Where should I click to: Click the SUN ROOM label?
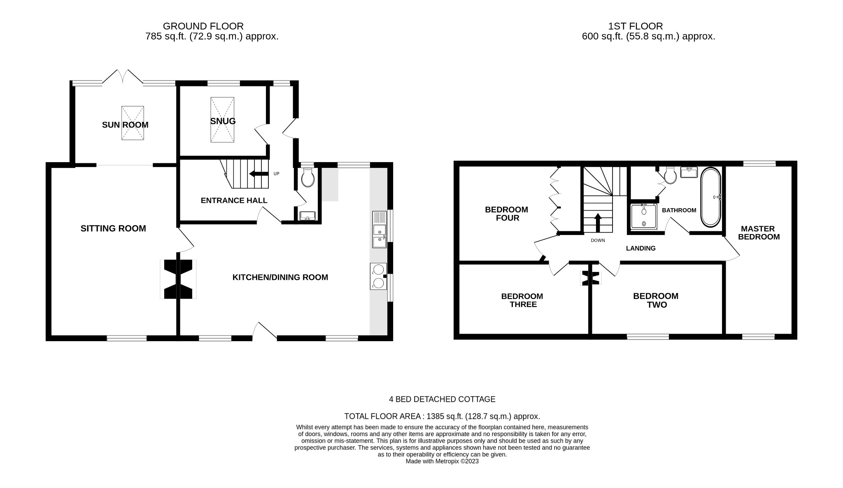click(125, 125)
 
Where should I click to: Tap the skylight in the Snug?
click(222, 120)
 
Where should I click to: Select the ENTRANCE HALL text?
click(234, 200)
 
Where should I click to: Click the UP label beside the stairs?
click(276, 174)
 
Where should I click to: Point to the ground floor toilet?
click(308, 178)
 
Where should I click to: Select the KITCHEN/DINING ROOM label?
click(280, 277)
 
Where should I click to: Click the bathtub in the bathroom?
click(710, 197)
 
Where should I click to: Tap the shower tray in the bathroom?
click(644, 216)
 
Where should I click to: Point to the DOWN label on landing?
click(598, 240)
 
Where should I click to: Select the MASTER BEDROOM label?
click(758, 232)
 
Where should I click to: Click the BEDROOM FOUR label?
click(506, 214)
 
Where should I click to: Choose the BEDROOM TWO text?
click(655, 300)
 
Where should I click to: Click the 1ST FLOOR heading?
click(635, 26)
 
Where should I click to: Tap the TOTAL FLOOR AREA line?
click(442, 416)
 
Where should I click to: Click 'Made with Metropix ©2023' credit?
click(442, 461)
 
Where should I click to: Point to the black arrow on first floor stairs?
click(598, 223)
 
